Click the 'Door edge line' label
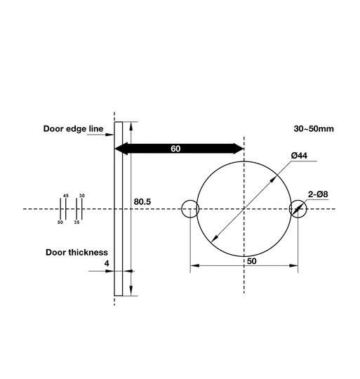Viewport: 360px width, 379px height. click(x=73, y=129)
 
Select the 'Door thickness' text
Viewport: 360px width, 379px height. click(x=76, y=251)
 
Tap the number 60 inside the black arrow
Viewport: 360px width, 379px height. click(x=175, y=149)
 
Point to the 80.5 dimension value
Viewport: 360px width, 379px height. click(x=142, y=202)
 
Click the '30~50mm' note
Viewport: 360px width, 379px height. click(x=314, y=129)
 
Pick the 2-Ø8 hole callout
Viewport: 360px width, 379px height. click(x=318, y=194)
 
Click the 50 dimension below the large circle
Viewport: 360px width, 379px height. click(x=251, y=260)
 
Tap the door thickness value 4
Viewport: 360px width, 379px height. click(x=106, y=263)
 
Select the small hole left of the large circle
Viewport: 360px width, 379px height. click(x=189, y=209)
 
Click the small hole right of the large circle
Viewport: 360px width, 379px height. click(x=298, y=209)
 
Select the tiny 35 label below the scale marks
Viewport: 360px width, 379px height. click(x=76, y=222)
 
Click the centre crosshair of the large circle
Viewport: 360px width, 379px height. click(x=244, y=209)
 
